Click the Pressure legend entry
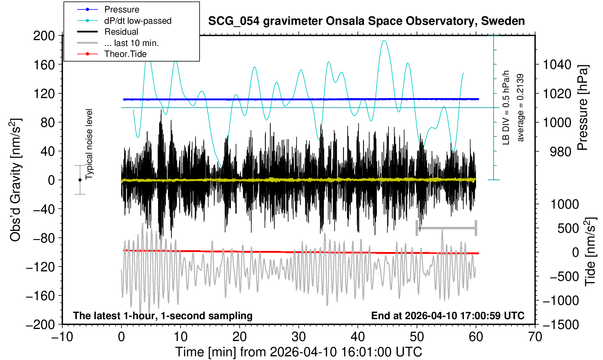(x=121, y=9)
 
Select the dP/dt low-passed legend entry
(x=138, y=21)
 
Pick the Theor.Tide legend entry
(x=125, y=54)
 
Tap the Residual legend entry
(x=121, y=32)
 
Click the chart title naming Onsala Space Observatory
(x=366, y=21)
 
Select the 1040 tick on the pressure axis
(x=557, y=65)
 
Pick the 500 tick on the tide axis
(x=568, y=228)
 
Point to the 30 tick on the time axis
(x=298, y=336)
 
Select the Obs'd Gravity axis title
(x=16, y=180)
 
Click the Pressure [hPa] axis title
(x=583, y=108)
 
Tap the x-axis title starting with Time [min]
(x=298, y=352)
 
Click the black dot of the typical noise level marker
(x=80, y=180)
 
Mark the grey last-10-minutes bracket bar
(x=447, y=228)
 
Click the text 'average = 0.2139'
(x=521, y=108)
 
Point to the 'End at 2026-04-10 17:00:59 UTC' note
(x=448, y=316)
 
